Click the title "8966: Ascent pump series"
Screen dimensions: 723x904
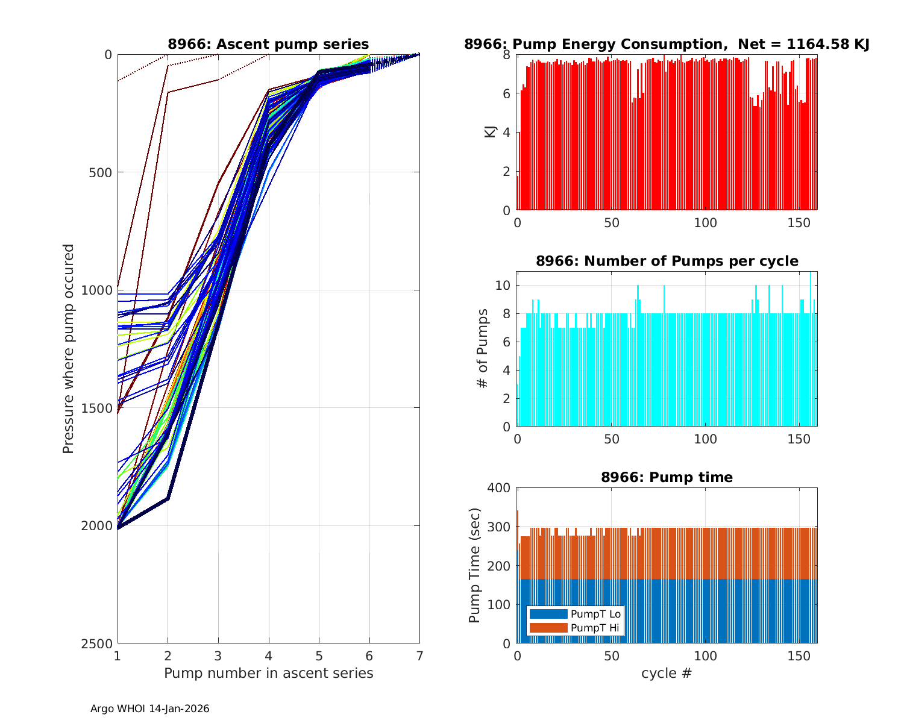[x=268, y=44]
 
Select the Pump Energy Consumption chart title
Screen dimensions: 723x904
[x=667, y=44]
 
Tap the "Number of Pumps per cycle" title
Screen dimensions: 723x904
[x=667, y=261]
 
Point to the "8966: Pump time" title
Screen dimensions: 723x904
[x=667, y=477]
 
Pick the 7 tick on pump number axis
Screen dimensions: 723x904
[x=419, y=656]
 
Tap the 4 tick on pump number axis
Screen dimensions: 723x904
[x=268, y=656]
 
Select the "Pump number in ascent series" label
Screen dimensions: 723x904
[x=268, y=673]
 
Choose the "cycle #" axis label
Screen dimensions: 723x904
[x=667, y=673]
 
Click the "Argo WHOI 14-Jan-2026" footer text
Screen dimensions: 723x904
[x=150, y=709]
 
